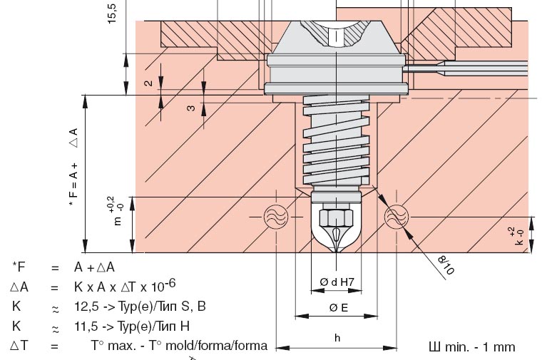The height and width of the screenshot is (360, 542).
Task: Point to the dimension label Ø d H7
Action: point(335,282)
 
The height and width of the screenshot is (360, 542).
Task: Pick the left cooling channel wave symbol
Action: point(275,217)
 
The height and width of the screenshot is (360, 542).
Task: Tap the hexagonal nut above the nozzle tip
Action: point(336,215)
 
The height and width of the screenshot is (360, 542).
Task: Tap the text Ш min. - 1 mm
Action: point(471,347)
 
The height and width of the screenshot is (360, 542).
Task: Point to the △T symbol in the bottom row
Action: point(19,346)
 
